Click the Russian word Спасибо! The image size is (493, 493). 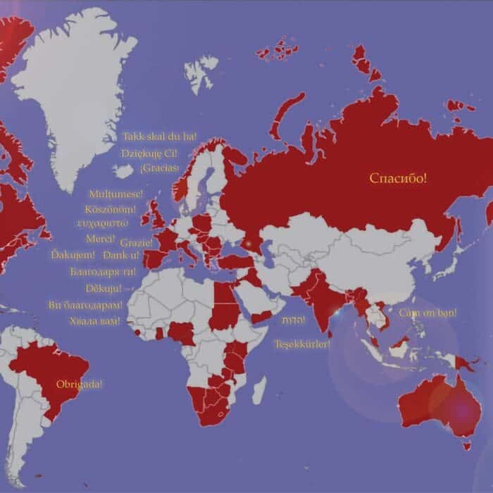pyautogui.click(x=399, y=178)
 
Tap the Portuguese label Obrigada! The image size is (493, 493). pyautogui.click(x=79, y=385)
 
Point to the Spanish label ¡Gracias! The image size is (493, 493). pyautogui.click(x=159, y=168)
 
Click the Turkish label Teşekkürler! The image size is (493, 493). pyautogui.click(x=303, y=344)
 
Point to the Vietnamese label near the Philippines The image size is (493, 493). pyautogui.click(x=428, y=312)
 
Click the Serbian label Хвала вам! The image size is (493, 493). pyautogui.click(x=95, y=321)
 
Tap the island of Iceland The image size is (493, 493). pyautogui.click(x=124, y=171)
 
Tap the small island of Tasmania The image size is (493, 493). pyautogui.click(x=464, y=445)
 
